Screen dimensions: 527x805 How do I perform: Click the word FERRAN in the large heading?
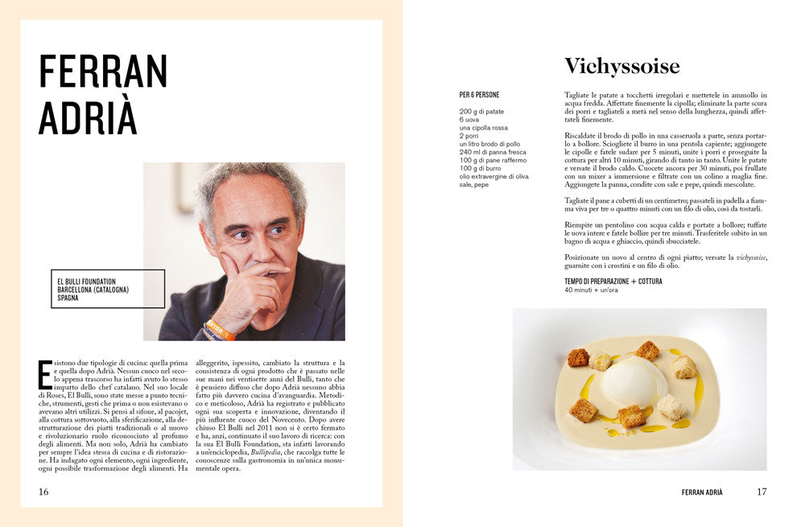[x=103, y=72]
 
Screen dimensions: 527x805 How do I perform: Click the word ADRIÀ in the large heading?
[x=88, y=119]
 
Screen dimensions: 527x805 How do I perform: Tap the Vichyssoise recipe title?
[x=621, y=66]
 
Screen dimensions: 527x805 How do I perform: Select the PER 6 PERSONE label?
[x=479, y=95]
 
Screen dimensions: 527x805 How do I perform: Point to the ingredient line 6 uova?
[x=469, y=119]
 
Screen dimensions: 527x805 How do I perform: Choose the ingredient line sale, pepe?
[x=474, y=184]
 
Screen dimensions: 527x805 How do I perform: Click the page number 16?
[x=43, y=492]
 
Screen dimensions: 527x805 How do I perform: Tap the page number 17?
[x=762, y=492]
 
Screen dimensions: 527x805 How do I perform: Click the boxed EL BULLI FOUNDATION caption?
[x=108, y=289]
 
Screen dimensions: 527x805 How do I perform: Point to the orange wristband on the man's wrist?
[x=219, y=329]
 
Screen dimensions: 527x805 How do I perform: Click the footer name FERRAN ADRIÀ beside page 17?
[x=702, y=492]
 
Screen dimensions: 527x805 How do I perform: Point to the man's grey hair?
[x=250, y=179]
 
